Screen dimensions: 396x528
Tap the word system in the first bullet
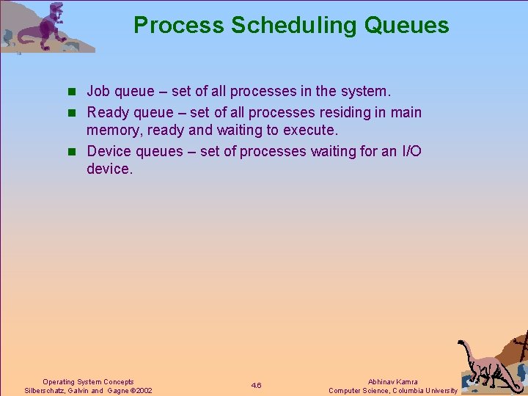point(367,92)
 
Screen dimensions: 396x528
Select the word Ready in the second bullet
point(108,112)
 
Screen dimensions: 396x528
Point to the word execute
point(311,131)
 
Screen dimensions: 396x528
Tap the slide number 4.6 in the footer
point(256,386)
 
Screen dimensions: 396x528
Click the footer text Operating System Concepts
point(88,381)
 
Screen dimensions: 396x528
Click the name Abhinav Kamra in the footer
point(392,381)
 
